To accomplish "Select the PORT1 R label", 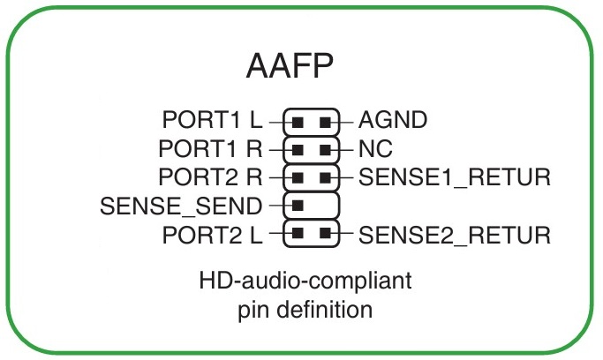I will pyautogui.click(x=212, y=147).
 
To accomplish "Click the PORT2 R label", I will pyautogui.click(x=212, y=176).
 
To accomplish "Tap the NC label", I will pyautogui.click(x=375, y=147).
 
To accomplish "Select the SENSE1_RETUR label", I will pyautogui.click(x=454, y=176).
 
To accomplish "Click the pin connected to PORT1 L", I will pyautogui.click(x=298, y=119).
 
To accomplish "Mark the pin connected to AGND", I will pyautogui.click(x=326, y=119).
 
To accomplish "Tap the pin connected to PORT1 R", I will pyautogui.click(x=298, y=147).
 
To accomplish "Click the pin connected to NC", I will pyautogui.click(x=326, y=147).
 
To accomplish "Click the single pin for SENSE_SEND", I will pyautogui.click(x=298, y=206).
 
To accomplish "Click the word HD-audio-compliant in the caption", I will pyautogui.click(x=305, y=284).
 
